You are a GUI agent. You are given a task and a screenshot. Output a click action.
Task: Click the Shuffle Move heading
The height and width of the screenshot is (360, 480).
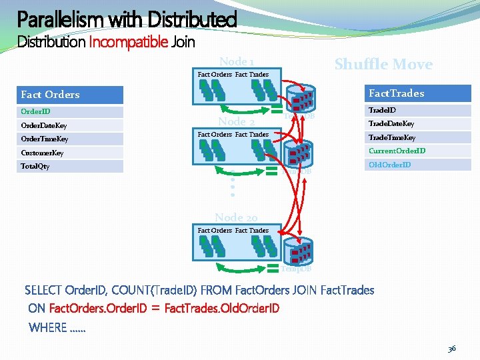(383, 65)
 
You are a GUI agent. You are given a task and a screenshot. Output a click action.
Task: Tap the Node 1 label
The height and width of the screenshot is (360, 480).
(237, 61)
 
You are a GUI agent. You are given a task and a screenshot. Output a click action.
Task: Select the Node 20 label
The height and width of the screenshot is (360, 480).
(236, 217)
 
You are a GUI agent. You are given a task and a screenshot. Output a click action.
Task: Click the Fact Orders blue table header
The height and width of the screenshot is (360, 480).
(71, 95)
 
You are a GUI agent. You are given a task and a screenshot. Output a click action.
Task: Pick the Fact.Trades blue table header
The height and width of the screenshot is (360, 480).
(417, 93)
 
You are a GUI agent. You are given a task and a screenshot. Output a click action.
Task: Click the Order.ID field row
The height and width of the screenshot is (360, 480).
(71, 112)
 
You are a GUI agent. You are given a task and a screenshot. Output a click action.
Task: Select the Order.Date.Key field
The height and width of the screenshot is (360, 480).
(71, 125)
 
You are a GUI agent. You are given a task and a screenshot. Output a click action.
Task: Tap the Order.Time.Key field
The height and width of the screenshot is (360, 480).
(71, 139)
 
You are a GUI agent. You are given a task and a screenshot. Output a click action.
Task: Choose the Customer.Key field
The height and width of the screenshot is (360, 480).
(71, 153)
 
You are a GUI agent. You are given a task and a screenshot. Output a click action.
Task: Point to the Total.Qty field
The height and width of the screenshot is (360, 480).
(71, 166)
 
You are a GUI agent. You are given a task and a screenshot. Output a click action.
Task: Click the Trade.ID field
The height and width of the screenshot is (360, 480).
(417, 111)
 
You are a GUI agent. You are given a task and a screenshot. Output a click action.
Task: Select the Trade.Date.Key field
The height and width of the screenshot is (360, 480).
(417, 124)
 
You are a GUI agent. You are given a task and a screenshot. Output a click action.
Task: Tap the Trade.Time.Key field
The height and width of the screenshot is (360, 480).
(417, 137)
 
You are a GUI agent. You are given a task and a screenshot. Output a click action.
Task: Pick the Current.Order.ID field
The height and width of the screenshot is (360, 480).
(417, 151)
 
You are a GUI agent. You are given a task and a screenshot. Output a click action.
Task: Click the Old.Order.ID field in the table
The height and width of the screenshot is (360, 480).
(417, 165)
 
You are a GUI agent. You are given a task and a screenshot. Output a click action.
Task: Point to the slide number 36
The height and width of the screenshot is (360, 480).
(451, 348)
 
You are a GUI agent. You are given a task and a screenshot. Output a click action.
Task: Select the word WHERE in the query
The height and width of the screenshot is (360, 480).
(48, 327)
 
